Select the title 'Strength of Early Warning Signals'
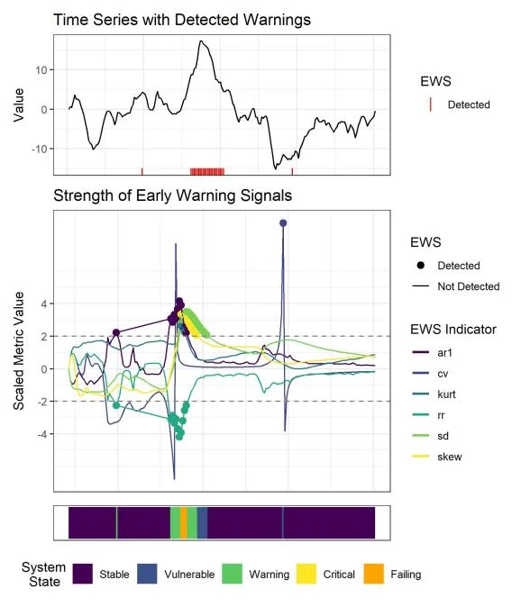pyautogui.click(x=172, y=195)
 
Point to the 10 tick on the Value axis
pyautogui.click(x=41, y=69)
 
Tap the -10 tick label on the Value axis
pyautogui.click(x=39, y=149)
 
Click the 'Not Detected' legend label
pyautogui.click(x=468, y=286)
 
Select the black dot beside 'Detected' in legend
pyautogui.click(x=421, y=266)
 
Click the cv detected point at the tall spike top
pyautogui.click(x=283, y=222)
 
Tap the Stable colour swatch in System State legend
pyautogui.click(x=83, y=574)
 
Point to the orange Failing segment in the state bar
pyautogui.click(x=184, y=522)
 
